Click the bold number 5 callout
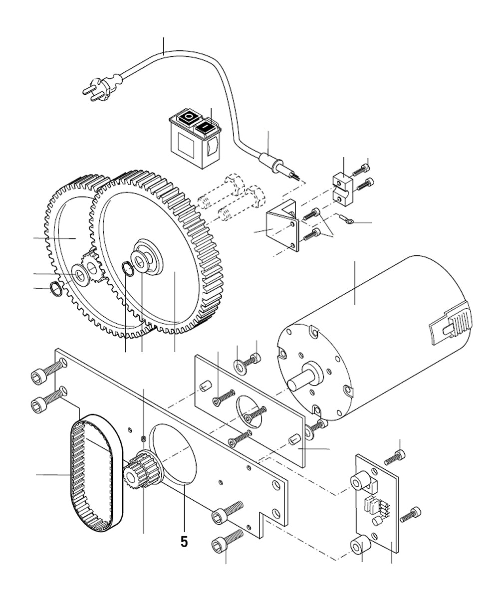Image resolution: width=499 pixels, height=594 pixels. pos(184,542)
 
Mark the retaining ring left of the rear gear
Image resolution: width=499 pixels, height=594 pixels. pos(56,289)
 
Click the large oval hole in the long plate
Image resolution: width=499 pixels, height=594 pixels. pos(175,454)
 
